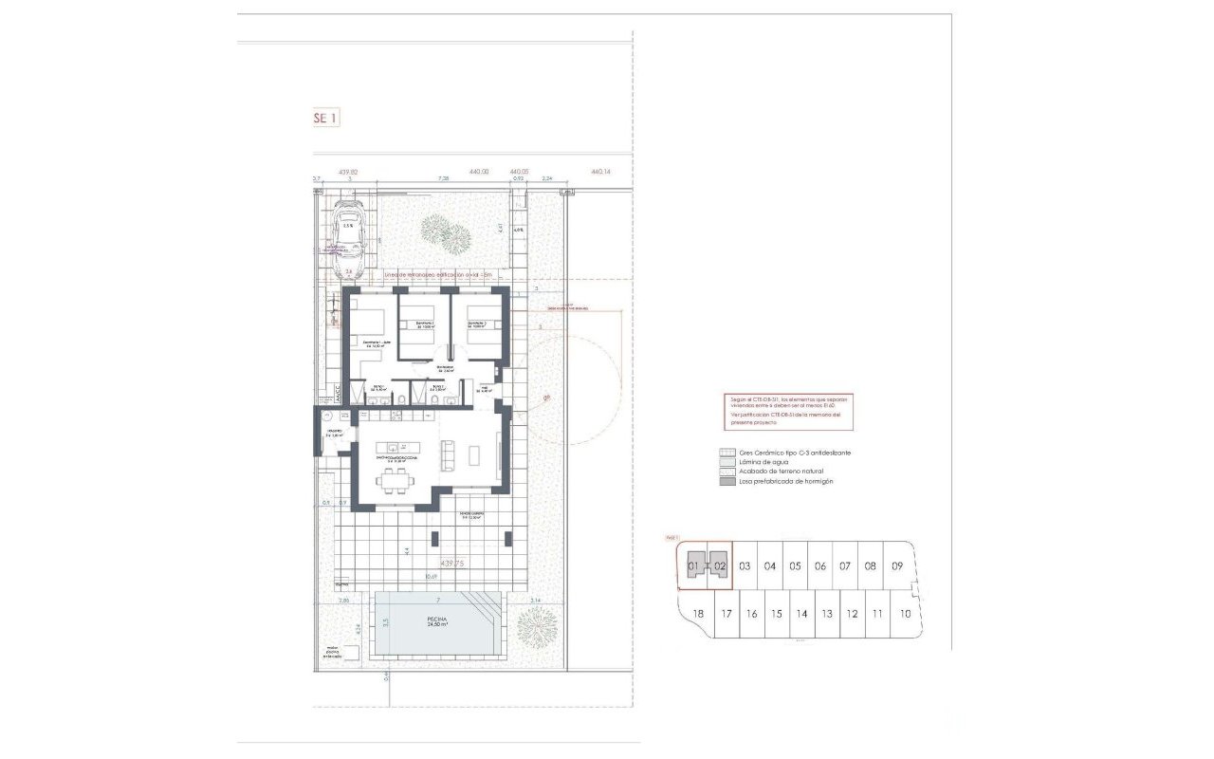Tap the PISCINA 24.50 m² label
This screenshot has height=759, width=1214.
click(437, 620)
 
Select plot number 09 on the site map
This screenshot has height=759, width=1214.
click(897, 566)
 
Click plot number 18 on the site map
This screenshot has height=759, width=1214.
click(698, 614)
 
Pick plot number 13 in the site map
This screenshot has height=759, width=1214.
click(827, 614)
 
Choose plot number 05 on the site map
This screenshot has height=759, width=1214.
click(796, 566)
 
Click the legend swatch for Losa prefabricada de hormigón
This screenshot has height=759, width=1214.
click(727, 481)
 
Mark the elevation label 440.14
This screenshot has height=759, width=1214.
click(601, 173)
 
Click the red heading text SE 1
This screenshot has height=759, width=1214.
click(325, 119)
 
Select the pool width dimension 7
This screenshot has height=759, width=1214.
click(438, 601)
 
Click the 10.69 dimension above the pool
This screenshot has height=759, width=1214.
click(432, 576)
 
